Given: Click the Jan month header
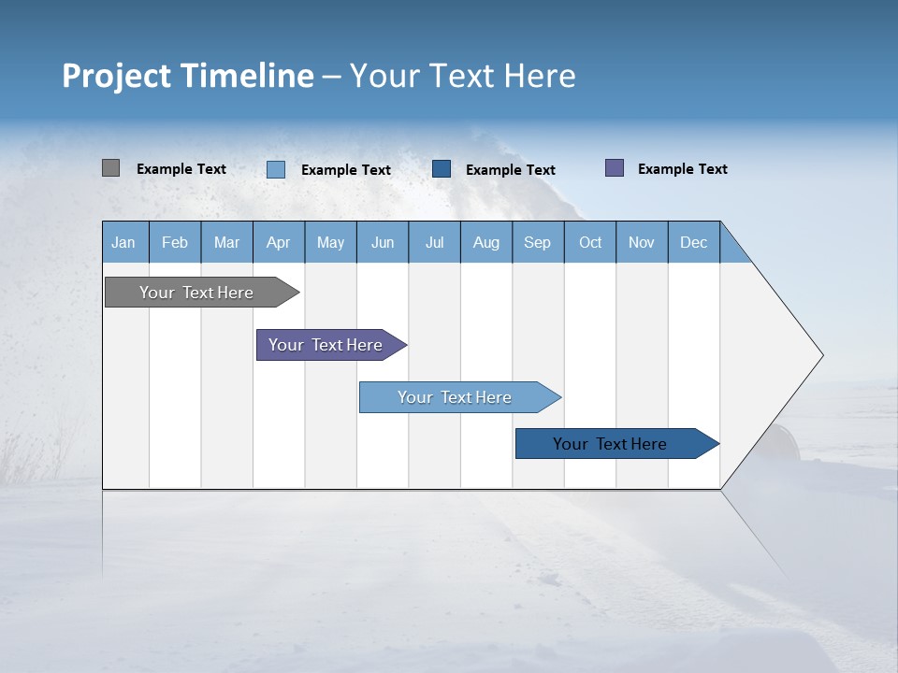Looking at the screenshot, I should click(124, 242).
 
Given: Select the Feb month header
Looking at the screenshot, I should click(175, 242).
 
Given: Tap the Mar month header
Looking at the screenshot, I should click(226, 242).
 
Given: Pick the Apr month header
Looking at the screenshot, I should click(279, 242).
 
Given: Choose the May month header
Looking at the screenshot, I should click(330, 242).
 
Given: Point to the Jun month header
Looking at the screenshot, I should click(383, 242).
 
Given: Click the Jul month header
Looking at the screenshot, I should click(434, 242).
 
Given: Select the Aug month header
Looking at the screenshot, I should click(486, 242).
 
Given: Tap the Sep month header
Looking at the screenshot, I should click(538, 242).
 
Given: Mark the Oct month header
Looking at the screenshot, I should click(590, 242).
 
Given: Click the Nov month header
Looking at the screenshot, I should click(642, 242).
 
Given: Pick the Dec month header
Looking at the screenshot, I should click(694, 242).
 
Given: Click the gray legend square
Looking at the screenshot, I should click(110, 168).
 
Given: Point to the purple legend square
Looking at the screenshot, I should click(615, 168).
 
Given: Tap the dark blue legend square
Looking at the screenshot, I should click(442, 168).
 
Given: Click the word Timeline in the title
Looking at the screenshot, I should click(247, 76).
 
